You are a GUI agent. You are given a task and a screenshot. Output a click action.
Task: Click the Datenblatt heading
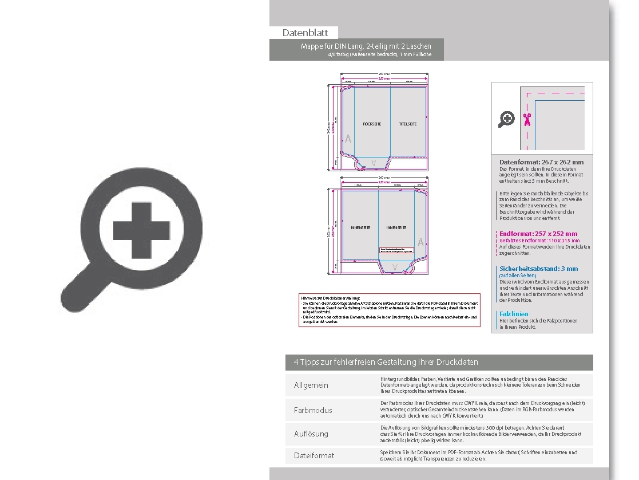click(304, 33)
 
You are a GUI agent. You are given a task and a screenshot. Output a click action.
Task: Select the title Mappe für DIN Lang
click(366, 46)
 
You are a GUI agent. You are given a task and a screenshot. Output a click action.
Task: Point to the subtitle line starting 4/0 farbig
click(379, 54)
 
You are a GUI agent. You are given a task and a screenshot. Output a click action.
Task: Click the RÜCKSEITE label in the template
click(372, 124)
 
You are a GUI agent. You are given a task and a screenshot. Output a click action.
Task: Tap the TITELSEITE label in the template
click(408, 124)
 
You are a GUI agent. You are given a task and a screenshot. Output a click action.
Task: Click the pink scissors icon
click(527, 119)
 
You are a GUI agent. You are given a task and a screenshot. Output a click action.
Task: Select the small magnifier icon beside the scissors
click(506, 119)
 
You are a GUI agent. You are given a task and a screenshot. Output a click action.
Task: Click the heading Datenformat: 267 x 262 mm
click(541, 162)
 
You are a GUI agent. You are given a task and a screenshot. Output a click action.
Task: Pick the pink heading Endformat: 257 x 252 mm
click(538, 234)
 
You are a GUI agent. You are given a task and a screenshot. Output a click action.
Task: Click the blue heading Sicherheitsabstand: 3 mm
click(538, 269)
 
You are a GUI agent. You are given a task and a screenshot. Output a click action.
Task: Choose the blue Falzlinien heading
click(514, 314)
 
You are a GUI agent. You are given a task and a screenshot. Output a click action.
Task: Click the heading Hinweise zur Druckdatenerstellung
click(330, 298)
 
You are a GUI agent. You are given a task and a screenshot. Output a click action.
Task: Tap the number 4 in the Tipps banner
click(296, 363)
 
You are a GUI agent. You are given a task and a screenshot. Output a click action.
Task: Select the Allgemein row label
click(311, 385)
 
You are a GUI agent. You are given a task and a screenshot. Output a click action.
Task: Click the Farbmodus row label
click(313, 410)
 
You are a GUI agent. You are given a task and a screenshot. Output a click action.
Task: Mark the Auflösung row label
click(311, 434)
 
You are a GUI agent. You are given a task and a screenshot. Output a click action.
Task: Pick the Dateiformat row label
click(314, 455)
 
